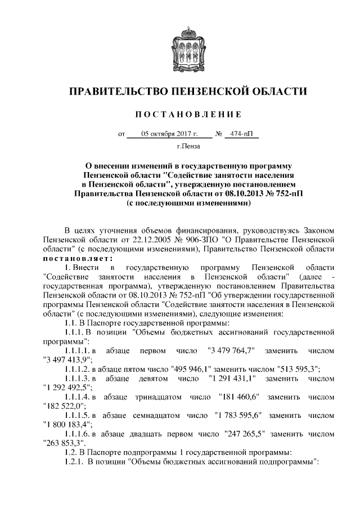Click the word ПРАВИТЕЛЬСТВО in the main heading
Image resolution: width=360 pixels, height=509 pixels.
118,91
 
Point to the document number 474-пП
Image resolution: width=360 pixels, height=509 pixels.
241,134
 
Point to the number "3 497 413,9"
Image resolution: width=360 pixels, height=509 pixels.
69,359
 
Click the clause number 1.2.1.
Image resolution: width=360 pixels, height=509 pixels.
73,461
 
